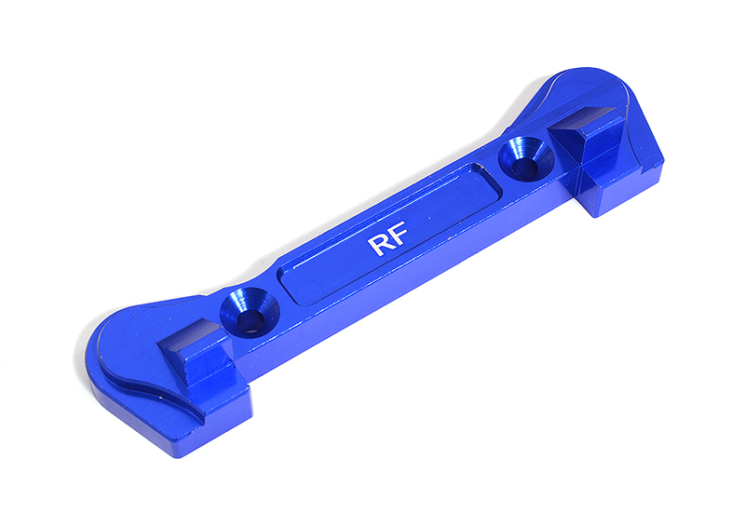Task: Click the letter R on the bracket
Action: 380,246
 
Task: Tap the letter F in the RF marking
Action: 403,236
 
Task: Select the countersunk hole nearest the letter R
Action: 248,312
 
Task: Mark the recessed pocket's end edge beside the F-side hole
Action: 489,177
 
